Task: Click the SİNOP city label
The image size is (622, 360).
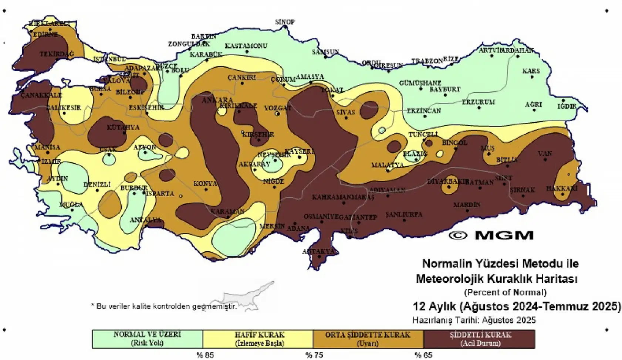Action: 285,22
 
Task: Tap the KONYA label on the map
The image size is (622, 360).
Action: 205,184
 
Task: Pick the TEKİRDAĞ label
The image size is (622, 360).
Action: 57,54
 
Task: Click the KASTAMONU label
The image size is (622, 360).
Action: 246,46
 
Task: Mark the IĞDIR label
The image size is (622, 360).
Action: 567,106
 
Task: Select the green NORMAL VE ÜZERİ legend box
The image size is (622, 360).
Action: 147,339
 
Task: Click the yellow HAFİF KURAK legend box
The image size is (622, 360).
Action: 258,339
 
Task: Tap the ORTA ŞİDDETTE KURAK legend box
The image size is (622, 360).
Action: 368,339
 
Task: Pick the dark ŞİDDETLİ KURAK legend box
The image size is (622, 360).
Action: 479,339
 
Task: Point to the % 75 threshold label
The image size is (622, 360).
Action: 314,355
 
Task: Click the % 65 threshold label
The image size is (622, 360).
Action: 423,355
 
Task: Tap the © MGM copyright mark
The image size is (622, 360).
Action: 491,235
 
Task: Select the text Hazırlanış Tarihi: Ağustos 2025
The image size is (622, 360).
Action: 474,320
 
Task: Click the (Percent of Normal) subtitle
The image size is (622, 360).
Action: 505,292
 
